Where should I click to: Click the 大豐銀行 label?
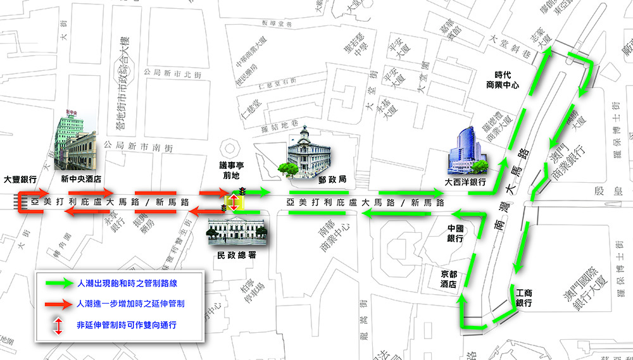pos(21,179)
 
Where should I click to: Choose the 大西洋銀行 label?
pos(465,182)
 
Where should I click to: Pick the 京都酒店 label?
pos(449,280)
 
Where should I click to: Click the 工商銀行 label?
pos(523,298)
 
